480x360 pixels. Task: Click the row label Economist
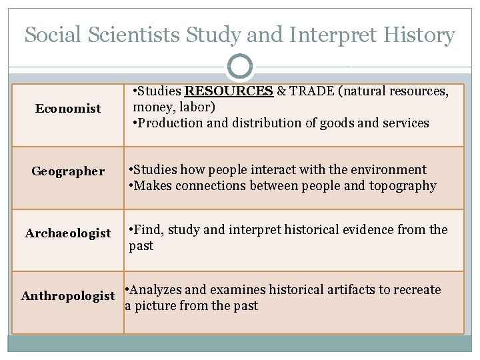(x=68, y=109)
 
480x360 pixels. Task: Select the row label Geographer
(x=68, y=171)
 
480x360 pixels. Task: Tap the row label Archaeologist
(x=68, y=233)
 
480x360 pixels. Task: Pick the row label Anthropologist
(x=68, y=295)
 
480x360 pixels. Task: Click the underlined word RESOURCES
(x=229, y=91)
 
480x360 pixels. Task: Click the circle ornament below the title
(x=240, y=67)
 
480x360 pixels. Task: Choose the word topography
(x=403, y=186)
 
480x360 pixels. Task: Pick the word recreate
(x=417, y=290)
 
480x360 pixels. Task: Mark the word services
(x=405, y=123)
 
